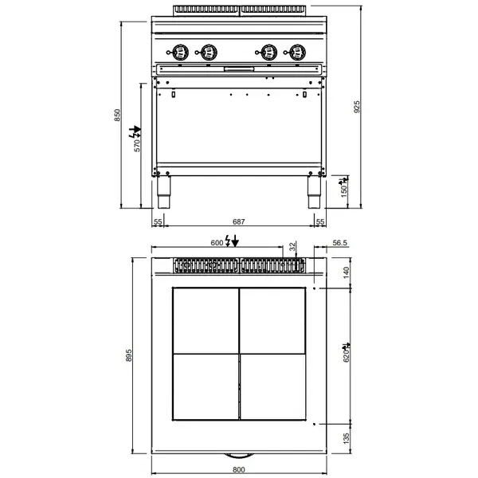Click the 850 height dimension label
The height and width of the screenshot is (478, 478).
[118, 115]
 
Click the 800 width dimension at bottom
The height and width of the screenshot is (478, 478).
[238, 471]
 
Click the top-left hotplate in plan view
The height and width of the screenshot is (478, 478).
[205, 319]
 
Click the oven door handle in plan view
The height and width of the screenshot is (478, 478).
[238, 455]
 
